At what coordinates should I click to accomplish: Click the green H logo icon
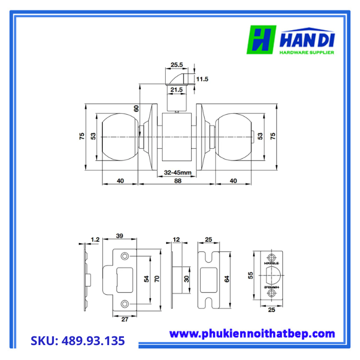pyautogui.click(x=261, y=40)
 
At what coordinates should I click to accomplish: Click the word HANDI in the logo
pyautogui.click(x=307, y=41)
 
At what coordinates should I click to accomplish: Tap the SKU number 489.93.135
pyautogui.click(x=93, y=340)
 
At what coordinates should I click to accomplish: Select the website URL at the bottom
pyautogui.click(x=252, y=334)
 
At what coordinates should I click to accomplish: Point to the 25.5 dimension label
pyautogui.click(x=176, y=65)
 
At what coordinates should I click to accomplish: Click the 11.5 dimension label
pyautogui.click(x=202, y=79)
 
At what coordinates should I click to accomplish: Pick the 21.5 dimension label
pyautogui.click(x=176, y=89)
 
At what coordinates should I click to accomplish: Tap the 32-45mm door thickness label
pyautogui.click(x=177, y=172)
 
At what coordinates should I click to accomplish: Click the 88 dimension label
pyautogui.click(x=178, y=181)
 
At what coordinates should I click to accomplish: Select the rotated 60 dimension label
pyautogui.click(x=136, y=109)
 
